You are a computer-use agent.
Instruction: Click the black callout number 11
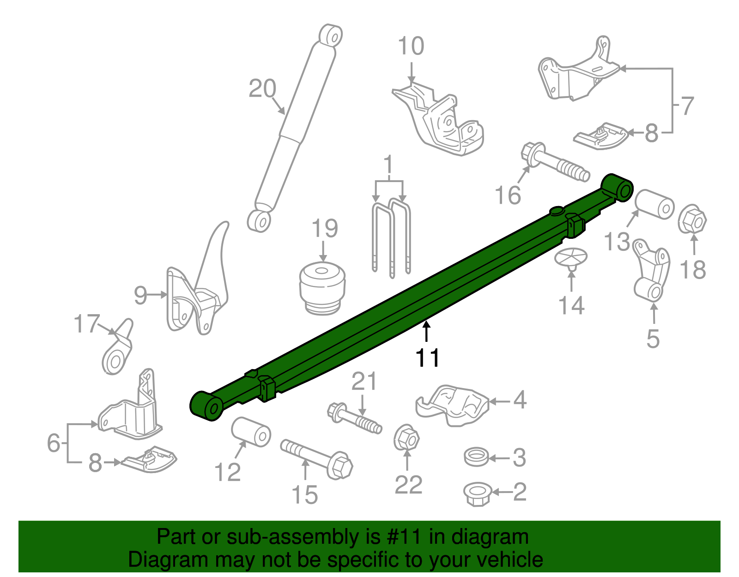click(x=428, y=358)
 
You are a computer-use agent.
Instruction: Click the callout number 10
click(x=411, y=46)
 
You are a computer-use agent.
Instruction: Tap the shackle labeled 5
click(x=652, y=272)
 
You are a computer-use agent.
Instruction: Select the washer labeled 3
click(x=476, y=457)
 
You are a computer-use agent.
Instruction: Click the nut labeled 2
click(x=477, y=493)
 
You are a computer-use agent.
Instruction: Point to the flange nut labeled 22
click(x=406, y=437)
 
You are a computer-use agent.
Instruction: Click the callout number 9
click(x=140, y=294)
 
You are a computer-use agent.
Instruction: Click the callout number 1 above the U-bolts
click(x=388, y=165)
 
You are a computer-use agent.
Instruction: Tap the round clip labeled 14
click(x=571, y=257)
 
